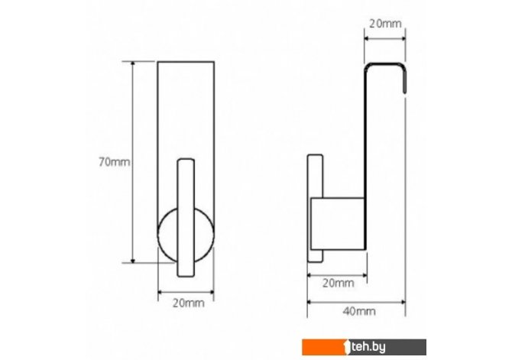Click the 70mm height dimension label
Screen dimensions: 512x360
click(115, 162)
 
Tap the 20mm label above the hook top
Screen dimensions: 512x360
click(385, 24)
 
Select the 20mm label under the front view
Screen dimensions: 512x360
click(189, 303)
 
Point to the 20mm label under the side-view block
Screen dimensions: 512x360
click(339, 283)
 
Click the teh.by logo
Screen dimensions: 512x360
click(365, 347)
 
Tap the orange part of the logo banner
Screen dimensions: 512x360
click(323, 347)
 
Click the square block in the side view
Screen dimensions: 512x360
click(338, 224)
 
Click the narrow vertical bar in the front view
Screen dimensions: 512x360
click(186, 218)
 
